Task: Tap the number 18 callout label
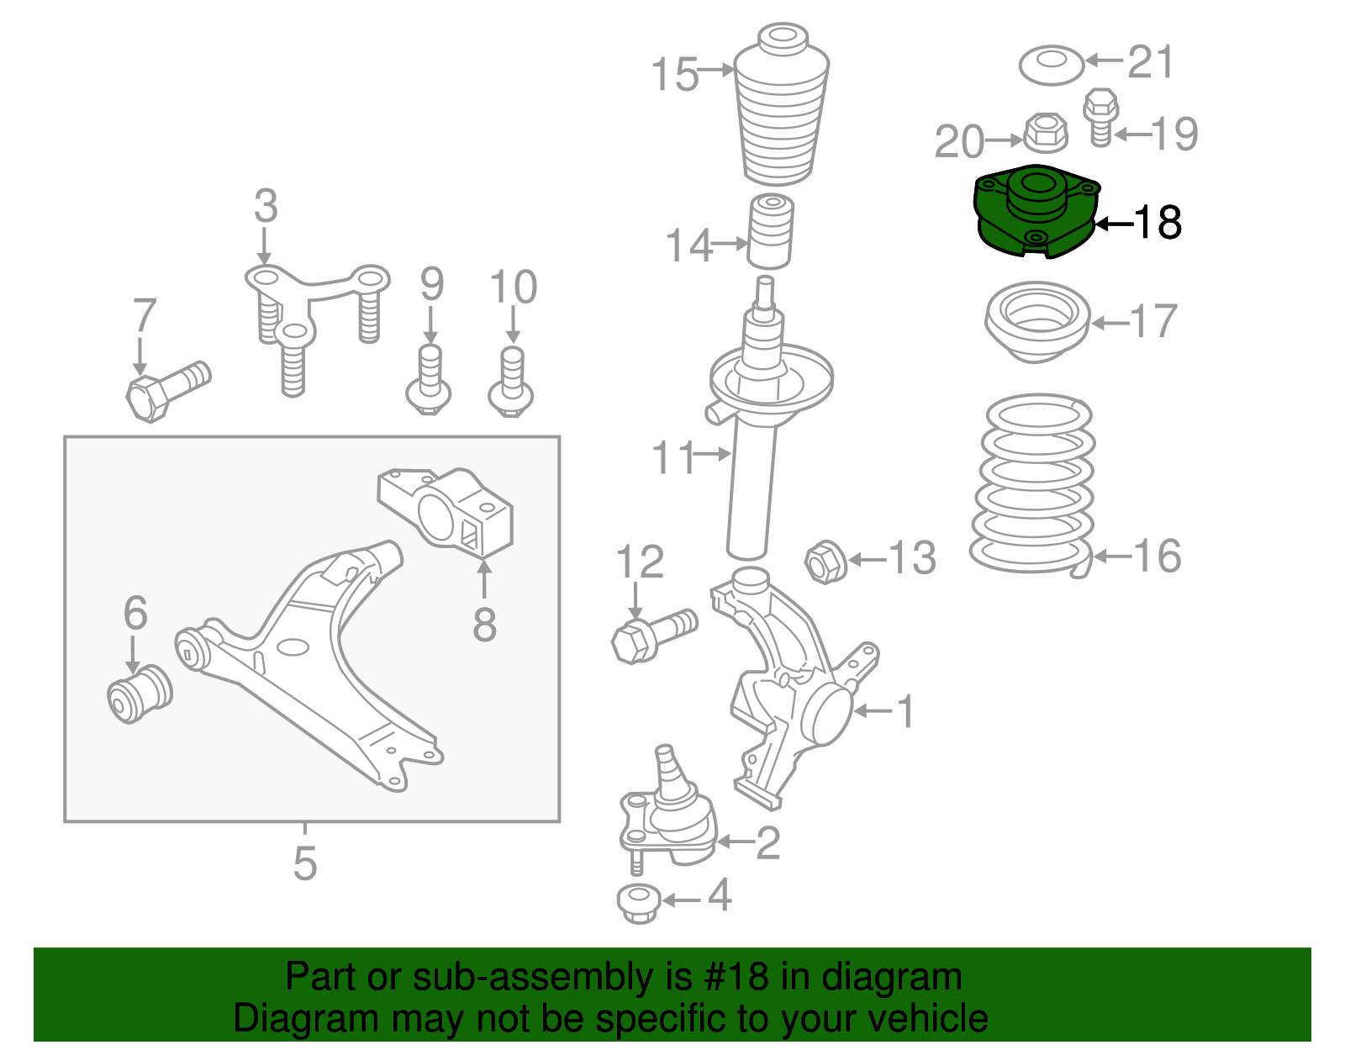point(1158,223)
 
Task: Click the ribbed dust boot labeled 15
point(781,109)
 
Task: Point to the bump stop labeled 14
point(771,231)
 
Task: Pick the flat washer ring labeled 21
point(1051,65)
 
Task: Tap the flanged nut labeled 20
point(1045,133)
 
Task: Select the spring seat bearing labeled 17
point(1037,322)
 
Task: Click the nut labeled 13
point(825,562)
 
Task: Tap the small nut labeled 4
point(638,904)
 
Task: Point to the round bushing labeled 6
point(140,692)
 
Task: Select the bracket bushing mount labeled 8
point(446,510)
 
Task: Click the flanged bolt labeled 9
point(429,383)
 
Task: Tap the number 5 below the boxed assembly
point(304,863)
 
